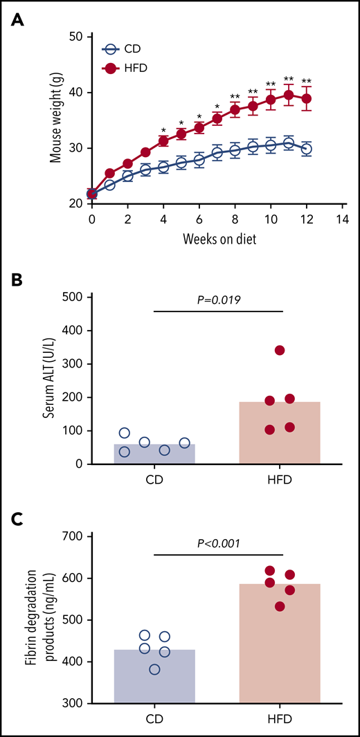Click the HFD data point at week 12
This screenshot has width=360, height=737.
pos(307,98)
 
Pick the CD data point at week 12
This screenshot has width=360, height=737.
pos(307,149)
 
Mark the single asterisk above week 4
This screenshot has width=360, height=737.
pos(163,130)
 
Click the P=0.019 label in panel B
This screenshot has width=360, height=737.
pos(218,300)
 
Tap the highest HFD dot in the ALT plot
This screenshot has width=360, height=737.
pos(280,350)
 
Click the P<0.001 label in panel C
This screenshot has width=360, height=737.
pos(218,543)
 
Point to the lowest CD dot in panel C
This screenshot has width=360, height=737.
pos(154,669)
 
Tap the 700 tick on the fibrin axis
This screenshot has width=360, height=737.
pos(72,536)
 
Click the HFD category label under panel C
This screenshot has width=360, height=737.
pos(280,720)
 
